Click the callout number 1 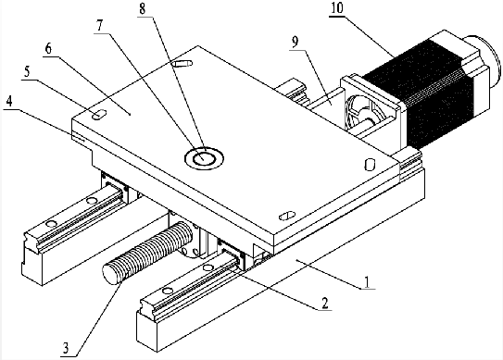pos(367,282)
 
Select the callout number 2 pos(324,303)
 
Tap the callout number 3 pos(66,348)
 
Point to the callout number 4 pos(9,102)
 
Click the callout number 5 pos(27,72)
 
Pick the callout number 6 pos(48,49)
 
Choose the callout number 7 pos(100,26)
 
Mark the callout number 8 pos(143,9)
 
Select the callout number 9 pos(296,42)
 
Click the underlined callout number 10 pos(337,8)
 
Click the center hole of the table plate pos(204,157)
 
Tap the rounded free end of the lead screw pos(110,275)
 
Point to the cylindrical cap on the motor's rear pos(485,56)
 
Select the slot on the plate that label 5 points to pos(99,115)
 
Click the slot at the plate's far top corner pos(182,63)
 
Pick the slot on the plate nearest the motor pos(370,164)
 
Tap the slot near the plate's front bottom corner pos(286,216)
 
